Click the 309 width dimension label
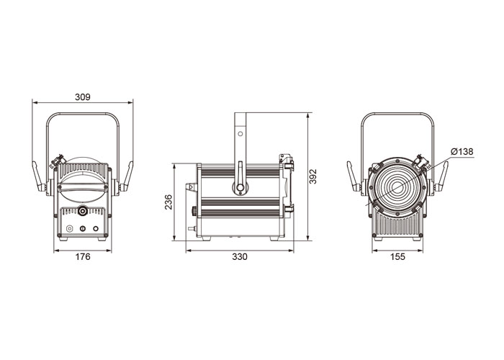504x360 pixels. (83, 96)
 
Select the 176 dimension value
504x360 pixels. (83, 256)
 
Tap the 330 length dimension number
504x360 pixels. (240, 256)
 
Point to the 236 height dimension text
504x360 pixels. (168, 202)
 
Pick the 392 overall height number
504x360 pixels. (312, 176)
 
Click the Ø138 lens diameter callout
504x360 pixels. (462, 151)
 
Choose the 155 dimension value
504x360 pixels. (397, 256)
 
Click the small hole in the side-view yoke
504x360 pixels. (240, 133)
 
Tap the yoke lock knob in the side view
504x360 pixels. (240, 187)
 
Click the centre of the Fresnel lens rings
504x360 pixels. (397, 188)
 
